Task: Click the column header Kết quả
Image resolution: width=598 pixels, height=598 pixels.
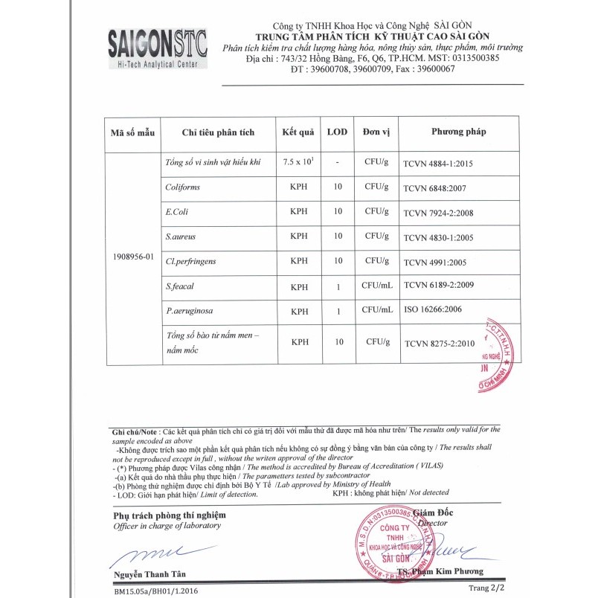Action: [x=298, y=132]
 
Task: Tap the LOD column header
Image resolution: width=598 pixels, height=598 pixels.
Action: [x=338, y=132]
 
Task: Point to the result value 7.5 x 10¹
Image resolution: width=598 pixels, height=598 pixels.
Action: [x=298, y=161]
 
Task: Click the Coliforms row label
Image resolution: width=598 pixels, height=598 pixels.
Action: [x=183, y=187]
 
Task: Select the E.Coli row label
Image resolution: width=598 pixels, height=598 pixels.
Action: [x=177, y=212]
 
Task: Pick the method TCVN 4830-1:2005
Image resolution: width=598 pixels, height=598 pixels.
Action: [x=438, y=238]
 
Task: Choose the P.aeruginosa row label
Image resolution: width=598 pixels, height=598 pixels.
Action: [x=190, y=310]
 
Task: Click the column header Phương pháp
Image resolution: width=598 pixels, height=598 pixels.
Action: [x=458, y=132]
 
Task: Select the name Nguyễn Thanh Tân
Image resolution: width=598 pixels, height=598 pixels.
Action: [x=149, y=573]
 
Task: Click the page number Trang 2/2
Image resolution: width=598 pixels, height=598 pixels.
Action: [x=486, y=588]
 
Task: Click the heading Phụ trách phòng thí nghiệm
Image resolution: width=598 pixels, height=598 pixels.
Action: [x=169, y=515]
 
